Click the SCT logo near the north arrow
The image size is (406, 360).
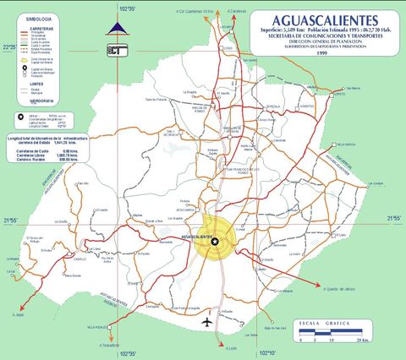point(117,49)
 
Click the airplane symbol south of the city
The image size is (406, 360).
point(206,322)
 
